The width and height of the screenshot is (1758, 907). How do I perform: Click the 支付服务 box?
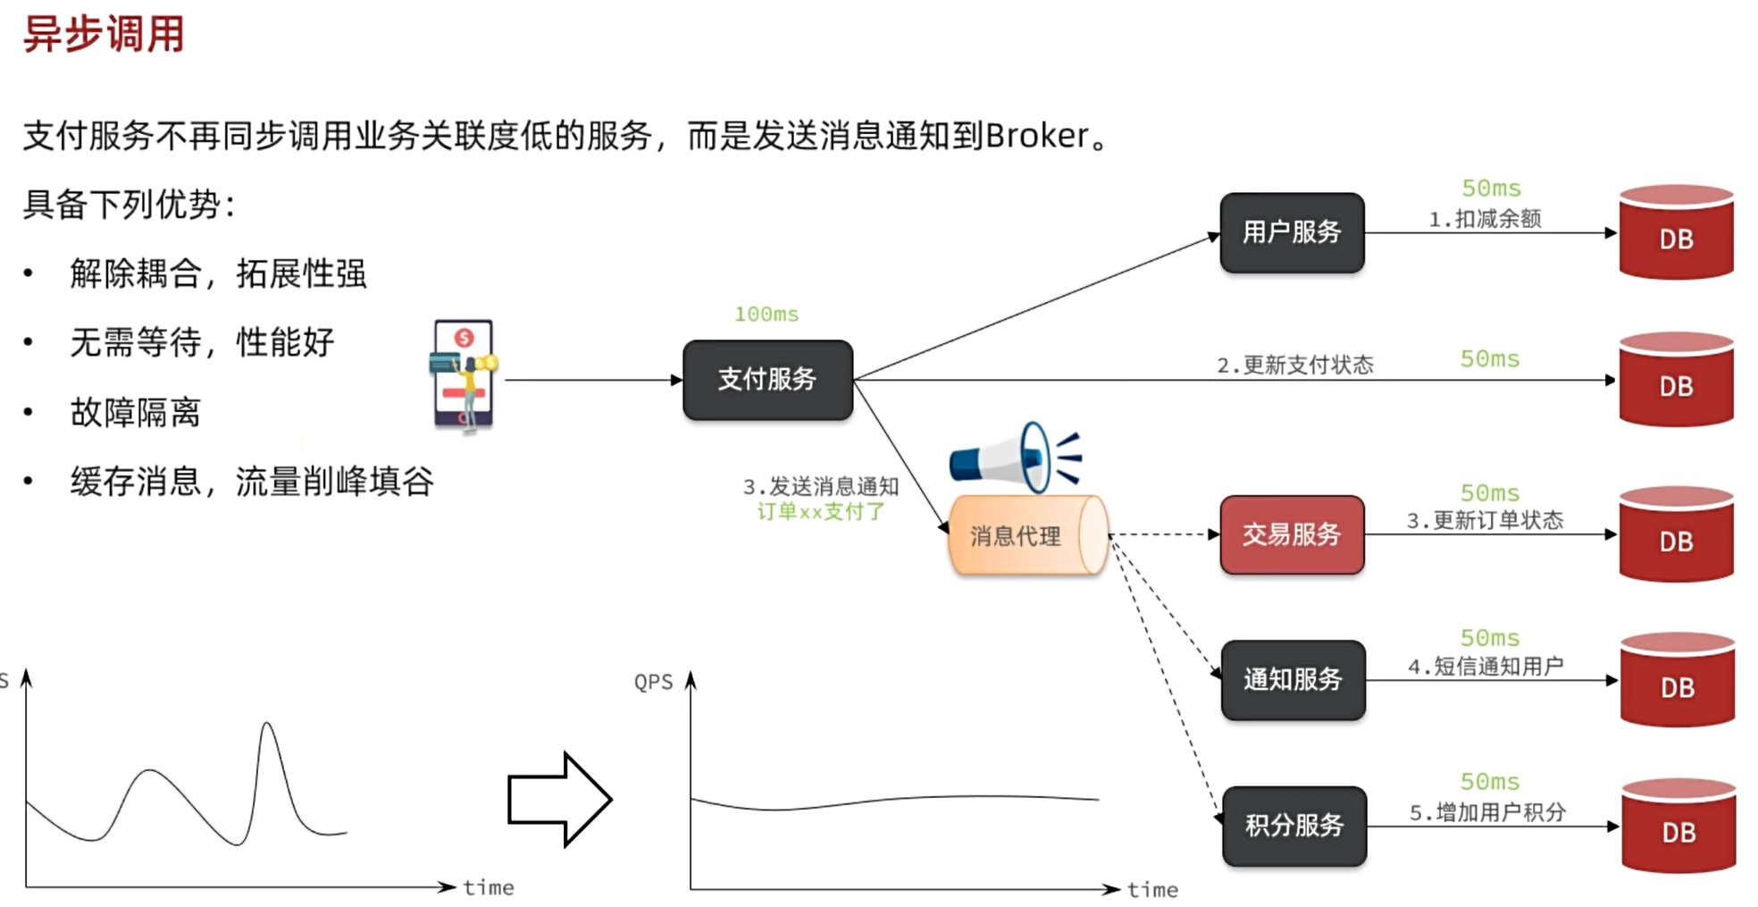767,380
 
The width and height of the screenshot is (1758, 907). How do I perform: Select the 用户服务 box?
1292,232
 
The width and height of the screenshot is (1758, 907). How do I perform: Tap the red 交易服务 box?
1292,534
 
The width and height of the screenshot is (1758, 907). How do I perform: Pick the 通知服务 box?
1293,680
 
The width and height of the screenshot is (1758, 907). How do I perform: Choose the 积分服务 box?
1294,826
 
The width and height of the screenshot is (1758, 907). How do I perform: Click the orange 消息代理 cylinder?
1026,535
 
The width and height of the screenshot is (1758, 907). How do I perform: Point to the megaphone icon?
1014,458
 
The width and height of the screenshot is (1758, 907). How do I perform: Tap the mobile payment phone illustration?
463,375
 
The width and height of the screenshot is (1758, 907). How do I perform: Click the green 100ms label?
766,315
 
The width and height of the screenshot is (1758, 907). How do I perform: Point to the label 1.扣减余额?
1485,219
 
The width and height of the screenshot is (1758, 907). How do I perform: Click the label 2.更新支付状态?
1294,365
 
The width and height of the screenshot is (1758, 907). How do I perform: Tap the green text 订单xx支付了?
820,512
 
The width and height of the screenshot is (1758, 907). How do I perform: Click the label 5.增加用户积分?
1487,812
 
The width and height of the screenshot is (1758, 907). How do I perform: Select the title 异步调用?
104,35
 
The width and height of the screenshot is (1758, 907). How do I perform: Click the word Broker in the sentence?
1036,136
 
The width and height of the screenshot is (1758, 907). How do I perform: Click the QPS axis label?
653,683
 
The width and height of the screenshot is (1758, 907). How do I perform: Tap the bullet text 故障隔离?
135,413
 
